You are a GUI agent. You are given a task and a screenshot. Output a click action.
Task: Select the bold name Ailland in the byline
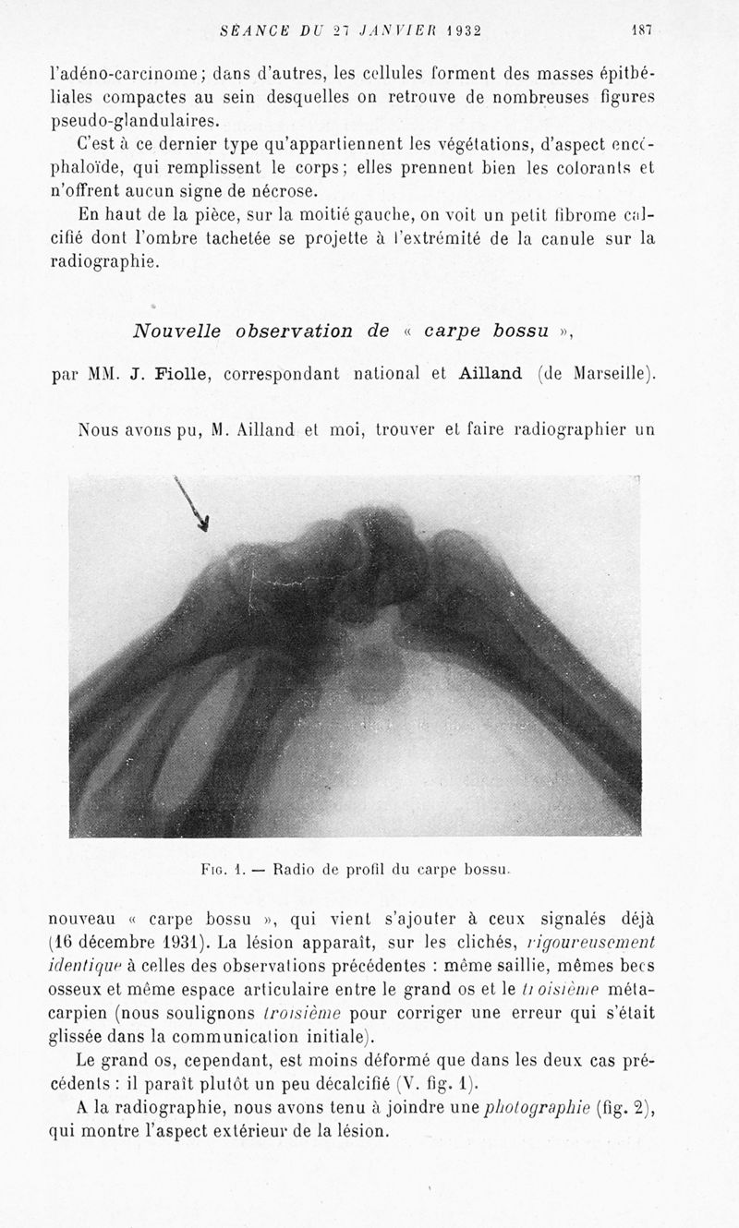click(490, 373)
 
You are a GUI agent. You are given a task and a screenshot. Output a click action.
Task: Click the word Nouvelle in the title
click(177, 331)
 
